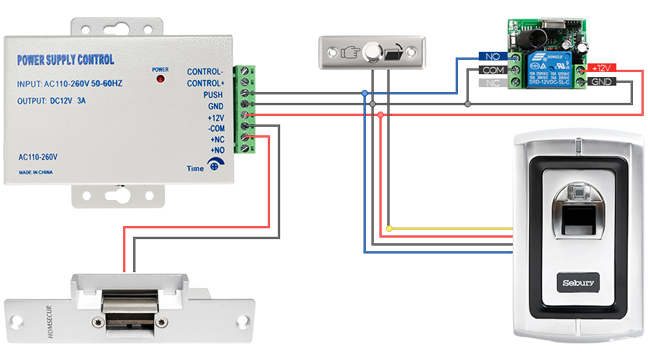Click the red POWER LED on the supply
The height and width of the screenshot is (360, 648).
[160, 78]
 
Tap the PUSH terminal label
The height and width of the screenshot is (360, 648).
[212, 94]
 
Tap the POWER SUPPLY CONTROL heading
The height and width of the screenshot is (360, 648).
[65, 60]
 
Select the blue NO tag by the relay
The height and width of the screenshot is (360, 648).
[493, 56]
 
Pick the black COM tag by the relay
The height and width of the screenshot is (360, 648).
[493, 70]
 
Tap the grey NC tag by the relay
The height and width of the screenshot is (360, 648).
[493, 83]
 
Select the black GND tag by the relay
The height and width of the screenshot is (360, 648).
[601, 81]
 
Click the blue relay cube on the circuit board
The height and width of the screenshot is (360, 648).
[546, 67]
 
